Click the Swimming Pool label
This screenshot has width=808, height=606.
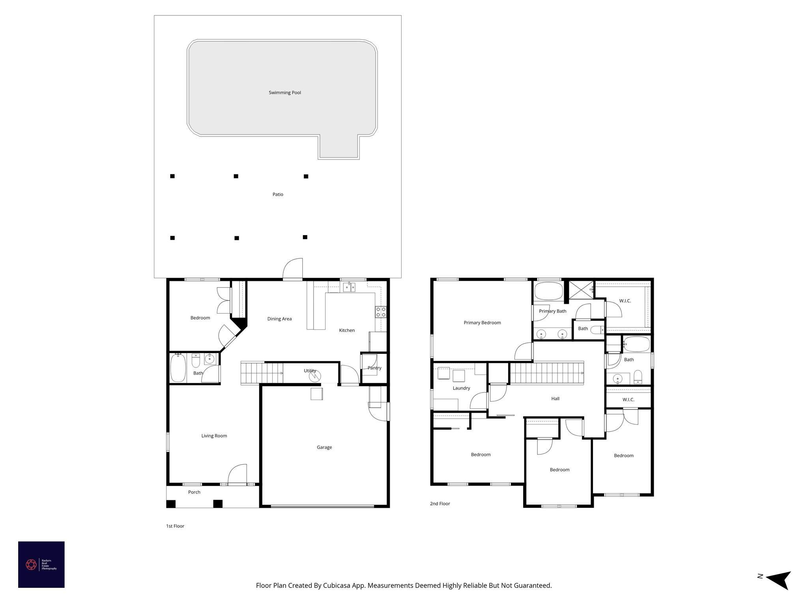pyautogui.click(x=284, y=93)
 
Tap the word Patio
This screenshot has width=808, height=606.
pyautogui.click(x=278, y=195)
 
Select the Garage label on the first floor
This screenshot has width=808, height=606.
pyautogui.click(x=324, y=447)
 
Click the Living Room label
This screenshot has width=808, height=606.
pyautogui.click(x=214, y=436)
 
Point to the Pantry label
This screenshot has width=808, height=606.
pyautogui.click(x=374, y=368)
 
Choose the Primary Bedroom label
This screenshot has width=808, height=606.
pyautogui.click(x=482, y=323)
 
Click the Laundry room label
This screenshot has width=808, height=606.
pyautogui.click(x=461, y=388)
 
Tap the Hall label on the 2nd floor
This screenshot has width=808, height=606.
pyautogui.click(x=555, y=398)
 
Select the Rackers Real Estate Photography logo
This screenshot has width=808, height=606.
pyautogui.click(x=41, y=565)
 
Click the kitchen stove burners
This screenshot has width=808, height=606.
pyautogui.click(x=381, y=312)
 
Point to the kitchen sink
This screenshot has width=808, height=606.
pyautogui.click(x=349, y=287)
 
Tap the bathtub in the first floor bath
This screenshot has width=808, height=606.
pyautogui.click(x=178, y=368)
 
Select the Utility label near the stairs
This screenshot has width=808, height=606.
pyautogui.click(x=310, y=371)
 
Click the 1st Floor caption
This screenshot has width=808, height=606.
pyautogui.click(x=175, y=526)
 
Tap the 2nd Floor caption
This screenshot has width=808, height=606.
pyautogui.click(x=440, y=504)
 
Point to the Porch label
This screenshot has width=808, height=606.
pyautogui.click(x=194, y=492)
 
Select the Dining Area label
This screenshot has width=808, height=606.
pyautogui.click(x=279, y=319)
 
